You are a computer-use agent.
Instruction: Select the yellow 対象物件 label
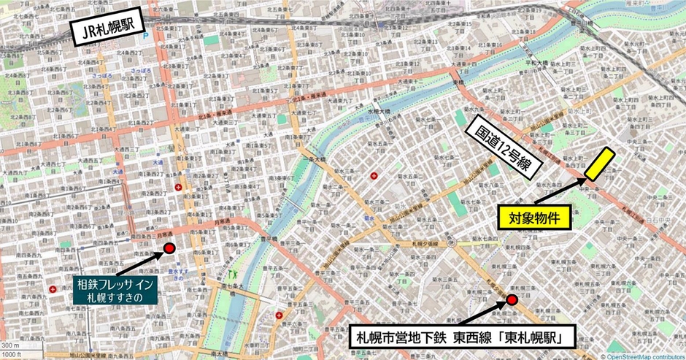[x=534, y=217]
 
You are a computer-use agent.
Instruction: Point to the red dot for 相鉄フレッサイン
[x=169, y=248]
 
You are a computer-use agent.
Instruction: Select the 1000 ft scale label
[x=12, y=354]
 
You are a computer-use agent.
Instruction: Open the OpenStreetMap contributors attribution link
[x=644, y=356]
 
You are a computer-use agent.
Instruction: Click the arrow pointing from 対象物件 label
[x=560, y=191]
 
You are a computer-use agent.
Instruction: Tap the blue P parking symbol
[x=146, y=34]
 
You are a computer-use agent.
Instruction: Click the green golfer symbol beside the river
[x=235, y=274]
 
